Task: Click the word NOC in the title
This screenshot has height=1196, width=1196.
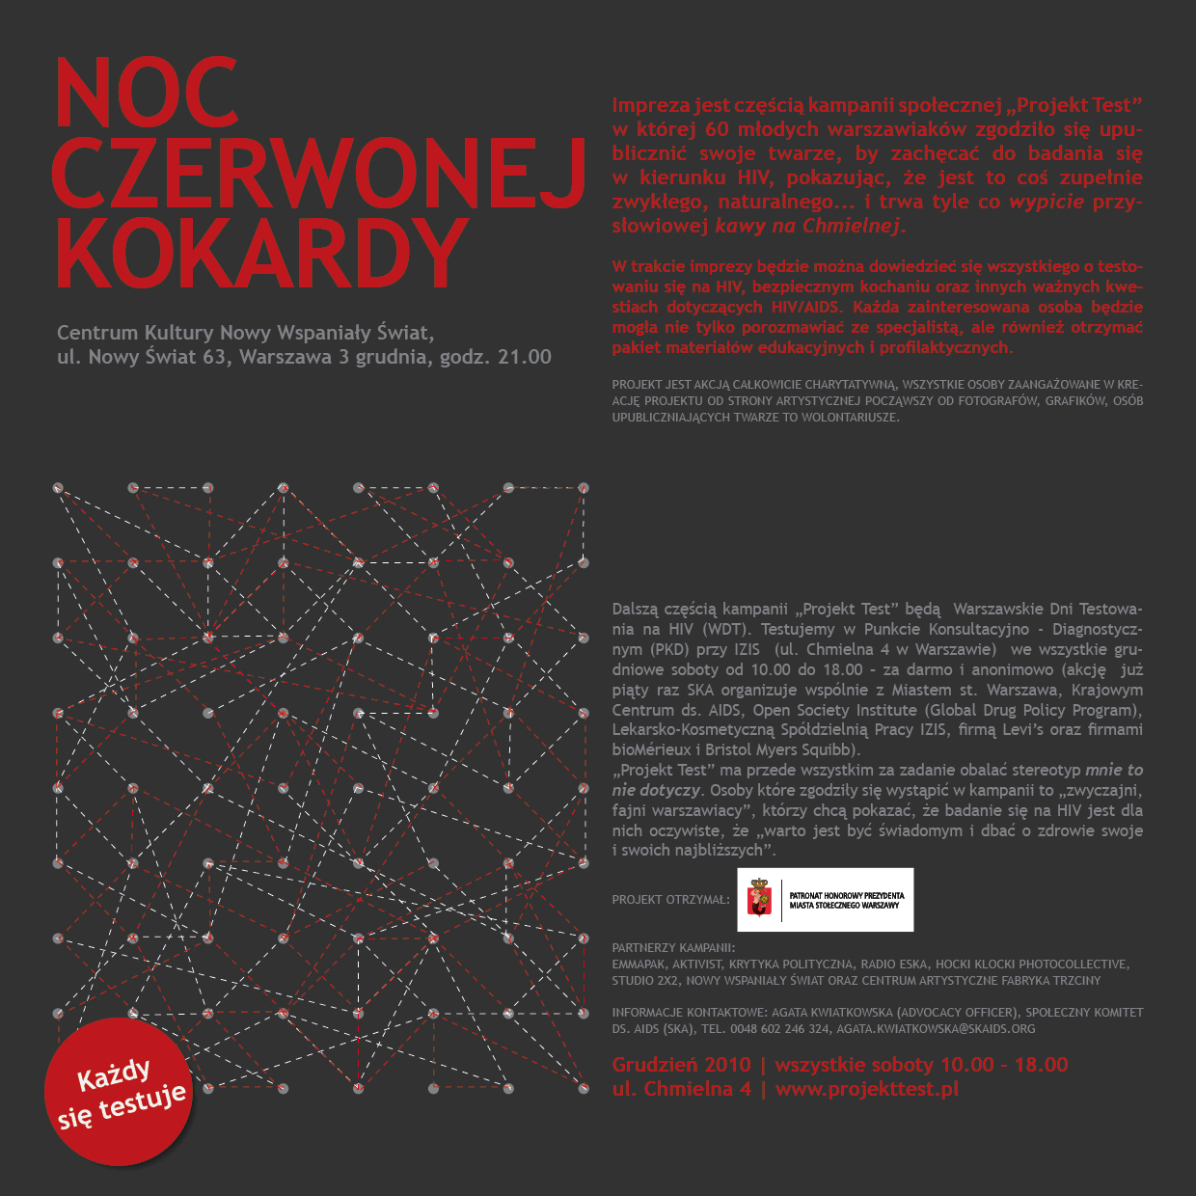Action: point(147,93)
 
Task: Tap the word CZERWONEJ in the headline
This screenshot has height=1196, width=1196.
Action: point(318,174)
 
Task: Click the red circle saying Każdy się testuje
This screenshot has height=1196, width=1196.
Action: point(119,1092)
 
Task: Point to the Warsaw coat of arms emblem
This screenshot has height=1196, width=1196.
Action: point(760,899)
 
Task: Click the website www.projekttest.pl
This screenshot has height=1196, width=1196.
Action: point(866,1089)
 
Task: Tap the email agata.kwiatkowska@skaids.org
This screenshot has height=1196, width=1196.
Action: point(936,1029)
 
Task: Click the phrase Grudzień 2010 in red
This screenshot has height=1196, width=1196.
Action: point(681,1065)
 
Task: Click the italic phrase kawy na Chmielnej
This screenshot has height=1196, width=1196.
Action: point(808,227)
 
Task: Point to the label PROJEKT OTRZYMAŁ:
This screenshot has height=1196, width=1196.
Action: point(670,900)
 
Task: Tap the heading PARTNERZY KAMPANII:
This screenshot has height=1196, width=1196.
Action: point(673,948)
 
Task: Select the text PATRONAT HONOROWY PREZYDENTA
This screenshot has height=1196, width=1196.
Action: point(847,895)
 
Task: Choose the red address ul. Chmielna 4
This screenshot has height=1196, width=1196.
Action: point(681,1089)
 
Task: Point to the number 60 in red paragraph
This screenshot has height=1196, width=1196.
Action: point(717,129)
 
